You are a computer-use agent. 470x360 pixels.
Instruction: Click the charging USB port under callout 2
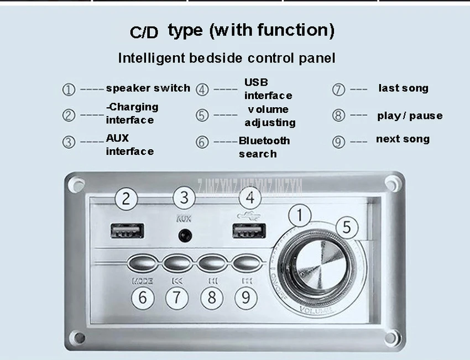point(127,231)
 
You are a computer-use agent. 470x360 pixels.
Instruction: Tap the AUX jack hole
point(184,236)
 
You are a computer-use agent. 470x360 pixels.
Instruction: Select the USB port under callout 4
point(249,231)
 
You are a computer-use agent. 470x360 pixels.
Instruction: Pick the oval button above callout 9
point(247,262)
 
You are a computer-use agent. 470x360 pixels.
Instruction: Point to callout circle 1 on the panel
point(300,215)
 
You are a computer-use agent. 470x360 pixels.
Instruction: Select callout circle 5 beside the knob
point(347,227)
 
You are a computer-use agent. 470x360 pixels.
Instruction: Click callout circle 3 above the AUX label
point(184,198)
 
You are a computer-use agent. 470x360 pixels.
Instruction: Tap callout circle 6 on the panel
point(143,298)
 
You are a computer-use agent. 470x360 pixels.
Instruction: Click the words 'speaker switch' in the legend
point(148,88)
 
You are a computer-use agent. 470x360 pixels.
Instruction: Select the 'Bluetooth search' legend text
point(264,147)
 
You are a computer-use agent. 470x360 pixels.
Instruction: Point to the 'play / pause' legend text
point(410,116)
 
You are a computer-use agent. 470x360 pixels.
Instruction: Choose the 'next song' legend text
point(403,139)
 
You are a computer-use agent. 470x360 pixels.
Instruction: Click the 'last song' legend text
point(403,88)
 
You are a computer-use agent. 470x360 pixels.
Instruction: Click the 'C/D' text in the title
point(144,32)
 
